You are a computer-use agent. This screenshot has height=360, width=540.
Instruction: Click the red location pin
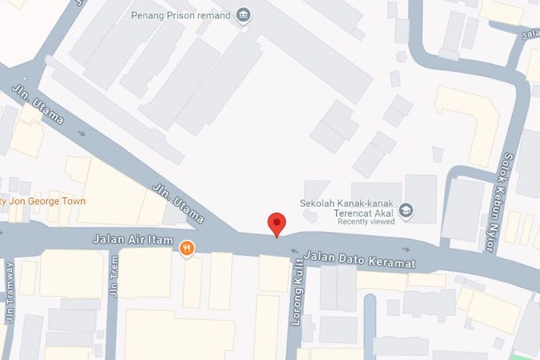276,224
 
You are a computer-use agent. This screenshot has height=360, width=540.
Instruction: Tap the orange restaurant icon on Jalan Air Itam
186,249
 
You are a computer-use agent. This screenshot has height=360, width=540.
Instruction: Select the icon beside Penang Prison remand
243,15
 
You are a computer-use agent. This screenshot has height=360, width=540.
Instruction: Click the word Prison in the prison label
181,15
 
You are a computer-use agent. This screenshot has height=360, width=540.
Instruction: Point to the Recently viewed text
366,221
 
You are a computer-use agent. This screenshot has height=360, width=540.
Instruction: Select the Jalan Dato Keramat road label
359,259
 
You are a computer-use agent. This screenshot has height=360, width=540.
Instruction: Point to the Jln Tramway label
9,292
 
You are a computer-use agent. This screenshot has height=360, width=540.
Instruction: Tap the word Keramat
395,263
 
